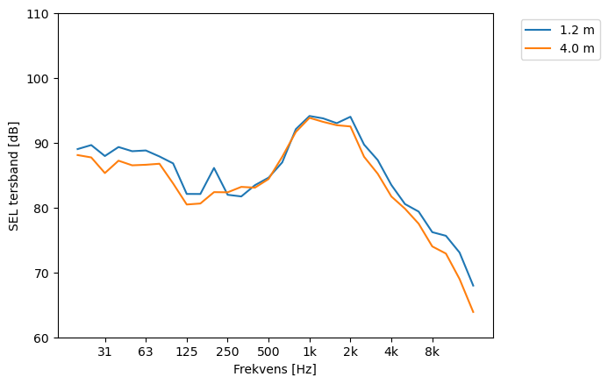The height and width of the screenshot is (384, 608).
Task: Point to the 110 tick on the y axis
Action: [x=40, y=14]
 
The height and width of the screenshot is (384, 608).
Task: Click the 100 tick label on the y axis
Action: [x=40, y=79]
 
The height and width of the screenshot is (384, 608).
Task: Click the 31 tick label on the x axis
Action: [x=104, y=352]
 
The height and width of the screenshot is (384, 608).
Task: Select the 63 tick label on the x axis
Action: [x=146, y=352]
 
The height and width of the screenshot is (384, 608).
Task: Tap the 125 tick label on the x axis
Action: [x=186, y=352]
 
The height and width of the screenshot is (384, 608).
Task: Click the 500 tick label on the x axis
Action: [x=268, y=352]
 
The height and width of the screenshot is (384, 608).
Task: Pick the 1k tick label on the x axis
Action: [x=309, y=352]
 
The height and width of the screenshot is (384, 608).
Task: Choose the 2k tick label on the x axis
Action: [x=350, y=352]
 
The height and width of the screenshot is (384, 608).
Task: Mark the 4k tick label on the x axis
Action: [x=391, y=352]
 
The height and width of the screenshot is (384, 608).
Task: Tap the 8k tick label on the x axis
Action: [x=432, y=352]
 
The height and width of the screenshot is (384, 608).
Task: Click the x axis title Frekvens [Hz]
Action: [x=275, y=370]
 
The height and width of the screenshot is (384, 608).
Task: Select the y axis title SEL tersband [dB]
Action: [x=13, y=175]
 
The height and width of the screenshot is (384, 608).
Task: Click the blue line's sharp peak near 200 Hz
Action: [x=214, y=167]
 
